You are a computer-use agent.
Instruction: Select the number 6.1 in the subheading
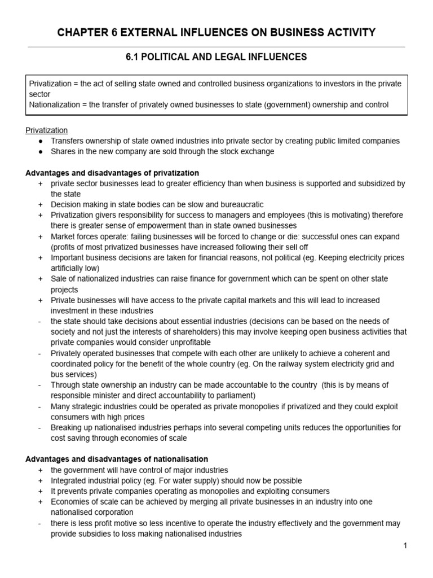coord(134,56)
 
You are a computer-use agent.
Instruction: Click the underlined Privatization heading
coord(47,130)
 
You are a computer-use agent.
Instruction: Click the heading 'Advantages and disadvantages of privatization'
coord(112,173)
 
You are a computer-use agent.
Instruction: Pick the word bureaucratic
coord(235,204)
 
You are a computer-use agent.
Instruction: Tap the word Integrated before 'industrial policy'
coord(69,480)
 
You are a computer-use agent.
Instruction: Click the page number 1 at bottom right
coord(405,545)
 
